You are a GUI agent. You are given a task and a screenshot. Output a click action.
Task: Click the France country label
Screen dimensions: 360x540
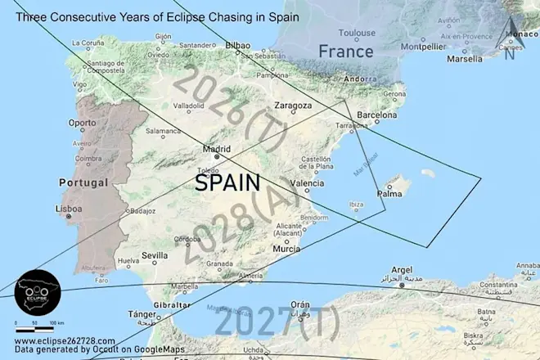click(345, 51)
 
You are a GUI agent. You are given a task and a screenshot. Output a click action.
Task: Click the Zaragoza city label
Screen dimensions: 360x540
click(293, 106)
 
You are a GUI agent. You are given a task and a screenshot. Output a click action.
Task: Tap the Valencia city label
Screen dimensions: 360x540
click(308, 183)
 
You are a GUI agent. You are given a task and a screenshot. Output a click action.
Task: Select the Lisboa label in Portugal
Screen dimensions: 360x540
click(67, 209)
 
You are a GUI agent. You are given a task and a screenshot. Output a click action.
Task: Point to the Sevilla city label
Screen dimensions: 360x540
click(155, 255)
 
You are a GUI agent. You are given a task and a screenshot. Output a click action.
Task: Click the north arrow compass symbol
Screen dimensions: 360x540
click(510, 37)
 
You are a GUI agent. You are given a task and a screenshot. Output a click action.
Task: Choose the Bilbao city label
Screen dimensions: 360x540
click(238, 46)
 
